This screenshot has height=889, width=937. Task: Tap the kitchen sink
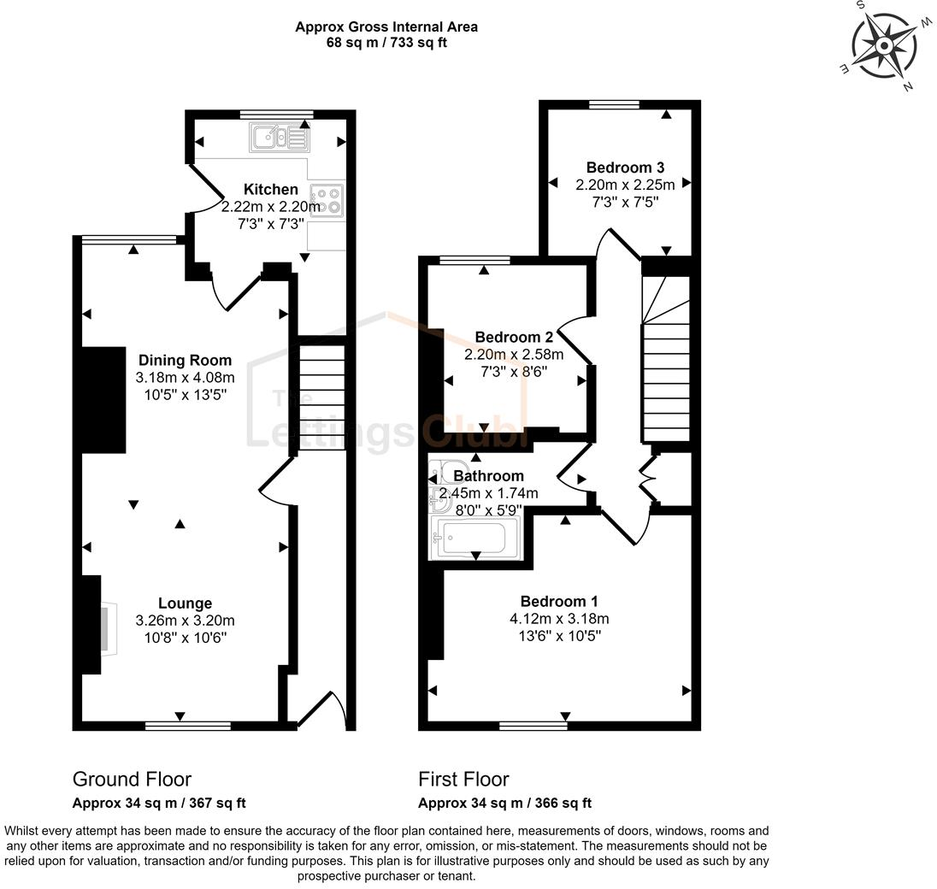[x=278, y=138]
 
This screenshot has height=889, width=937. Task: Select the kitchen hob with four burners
[x=327, y=200]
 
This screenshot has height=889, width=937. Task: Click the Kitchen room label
[x=271, y=189]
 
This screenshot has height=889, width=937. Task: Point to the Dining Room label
[x=185, y=361]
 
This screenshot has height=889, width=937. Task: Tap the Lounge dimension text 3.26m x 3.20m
[x=185, y=621]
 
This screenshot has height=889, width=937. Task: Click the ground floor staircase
[x=321, y=397]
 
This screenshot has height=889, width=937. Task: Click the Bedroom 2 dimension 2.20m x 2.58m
[x=514, y=354]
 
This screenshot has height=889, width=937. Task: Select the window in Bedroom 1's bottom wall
[x=533, y=726]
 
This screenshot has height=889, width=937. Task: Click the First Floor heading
[x=463, y=779]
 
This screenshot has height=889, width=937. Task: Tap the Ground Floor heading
[x=132, y=779]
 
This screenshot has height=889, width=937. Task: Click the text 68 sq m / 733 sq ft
[x=386, y=43]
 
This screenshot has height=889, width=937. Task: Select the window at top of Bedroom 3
[x=614, y=105]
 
